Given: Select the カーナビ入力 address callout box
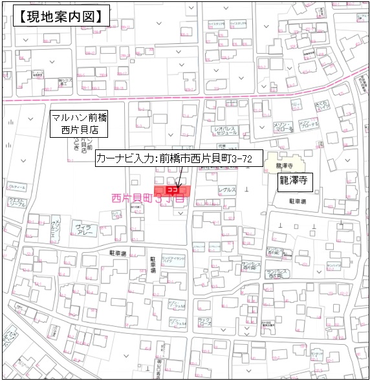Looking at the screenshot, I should [x=178, y=158].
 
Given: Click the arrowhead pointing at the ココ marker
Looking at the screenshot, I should [x=178, y=184].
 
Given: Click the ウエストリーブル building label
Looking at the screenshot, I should [x=17, y=203].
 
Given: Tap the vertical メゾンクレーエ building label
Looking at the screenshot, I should [x=57, y=230].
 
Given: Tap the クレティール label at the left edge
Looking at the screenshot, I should [x=17, y=187].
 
